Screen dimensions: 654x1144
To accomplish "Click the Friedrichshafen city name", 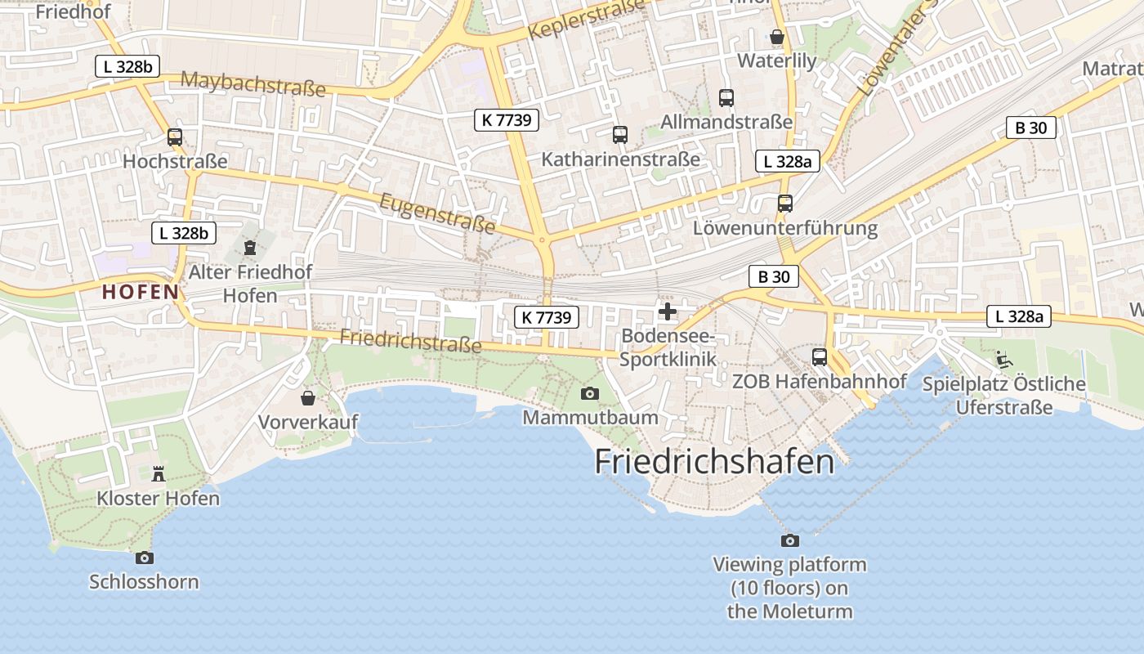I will pos(714,462).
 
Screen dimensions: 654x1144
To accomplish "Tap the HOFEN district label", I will pos(141,292).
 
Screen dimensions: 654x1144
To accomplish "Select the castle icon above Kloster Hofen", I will pos(159,473).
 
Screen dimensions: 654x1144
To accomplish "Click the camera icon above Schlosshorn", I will pos(145,558).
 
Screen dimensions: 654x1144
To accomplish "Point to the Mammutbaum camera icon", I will pos(589,394).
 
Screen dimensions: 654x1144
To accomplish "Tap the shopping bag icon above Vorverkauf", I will pos(308,398).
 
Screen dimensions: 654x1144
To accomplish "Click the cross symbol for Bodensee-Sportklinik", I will pos(668,311).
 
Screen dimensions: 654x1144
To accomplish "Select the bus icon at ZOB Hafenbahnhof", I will pos(820,357).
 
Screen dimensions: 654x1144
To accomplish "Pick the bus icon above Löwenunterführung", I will pos(785,204).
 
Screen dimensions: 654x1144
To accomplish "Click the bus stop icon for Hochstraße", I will pos(175,137).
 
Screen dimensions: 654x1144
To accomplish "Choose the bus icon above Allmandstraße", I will pos(726,98).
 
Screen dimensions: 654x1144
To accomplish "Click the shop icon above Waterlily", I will pos(777,37).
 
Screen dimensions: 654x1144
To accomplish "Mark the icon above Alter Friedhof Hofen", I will pos(250,247).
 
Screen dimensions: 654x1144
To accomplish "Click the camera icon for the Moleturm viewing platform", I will pos(789,540).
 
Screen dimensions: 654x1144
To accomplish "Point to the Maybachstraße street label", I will pos(252,83).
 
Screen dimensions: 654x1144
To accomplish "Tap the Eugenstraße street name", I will pos(437,212).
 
